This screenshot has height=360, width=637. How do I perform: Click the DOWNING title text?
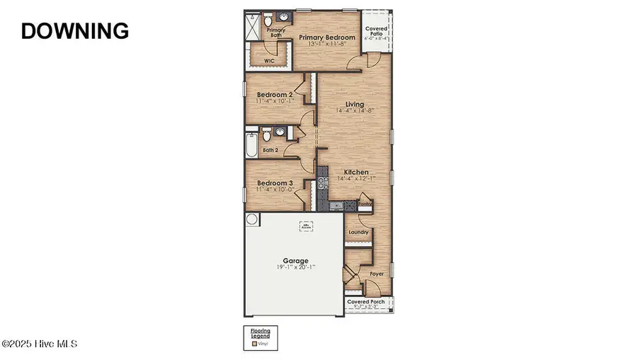(74, 30)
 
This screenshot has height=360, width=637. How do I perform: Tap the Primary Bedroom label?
(326, 37)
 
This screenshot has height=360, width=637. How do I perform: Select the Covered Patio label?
(375, 32)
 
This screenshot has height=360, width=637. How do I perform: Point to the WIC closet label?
(269, 62)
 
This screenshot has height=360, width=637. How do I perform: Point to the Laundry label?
(357, 231)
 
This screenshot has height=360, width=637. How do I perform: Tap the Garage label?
(296, 260)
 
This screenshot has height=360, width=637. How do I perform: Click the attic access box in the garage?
(306, 226)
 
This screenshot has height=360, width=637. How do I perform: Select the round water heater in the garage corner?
(251, 219)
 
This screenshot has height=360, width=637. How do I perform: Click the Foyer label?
(377, 273)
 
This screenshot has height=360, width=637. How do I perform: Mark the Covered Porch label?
(369, 302)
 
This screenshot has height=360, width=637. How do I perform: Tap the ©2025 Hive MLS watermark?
(39, 344)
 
